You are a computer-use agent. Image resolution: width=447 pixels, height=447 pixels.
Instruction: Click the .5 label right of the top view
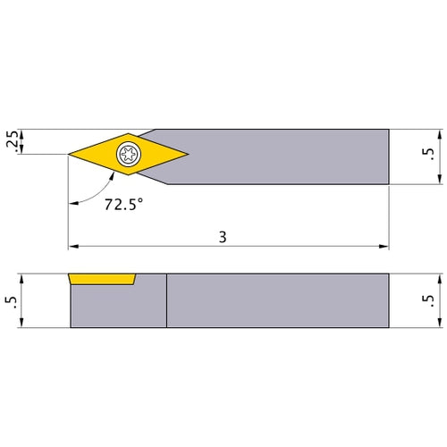431,156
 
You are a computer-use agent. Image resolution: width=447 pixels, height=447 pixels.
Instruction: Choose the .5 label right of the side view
431,301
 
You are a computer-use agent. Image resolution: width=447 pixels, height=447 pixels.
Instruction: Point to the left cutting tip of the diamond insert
71,155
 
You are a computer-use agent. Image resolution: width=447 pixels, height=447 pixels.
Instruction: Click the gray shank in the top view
286,156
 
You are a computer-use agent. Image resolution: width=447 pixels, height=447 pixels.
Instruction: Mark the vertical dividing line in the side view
166,300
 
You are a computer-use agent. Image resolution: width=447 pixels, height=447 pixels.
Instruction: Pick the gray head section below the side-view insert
116,308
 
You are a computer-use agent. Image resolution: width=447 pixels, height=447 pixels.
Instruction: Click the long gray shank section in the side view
277,300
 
